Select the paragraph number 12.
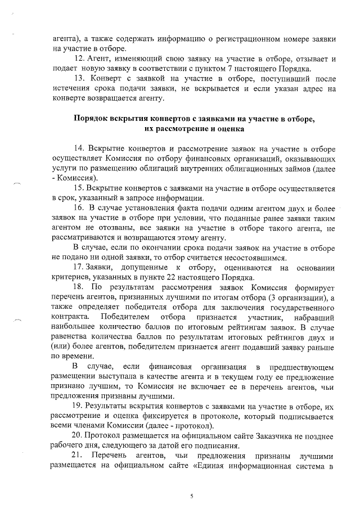click(x=79, y=58)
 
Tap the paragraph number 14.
click(x=79, y=148)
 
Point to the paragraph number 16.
click(x=79, y=208)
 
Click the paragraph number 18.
click(x=79, y=287)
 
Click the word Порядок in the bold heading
click(x=91, y=119)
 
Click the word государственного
click(x=303, y=308)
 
